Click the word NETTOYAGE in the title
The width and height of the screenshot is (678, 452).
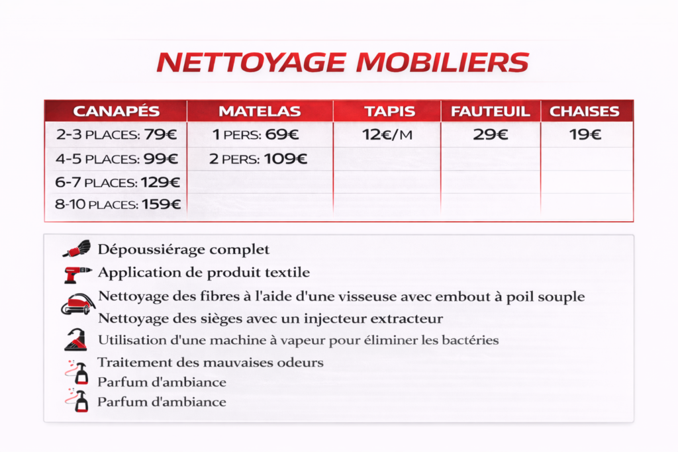coord(252,62)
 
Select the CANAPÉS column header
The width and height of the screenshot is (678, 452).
coord(116,111)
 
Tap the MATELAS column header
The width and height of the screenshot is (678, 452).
coord(260,111)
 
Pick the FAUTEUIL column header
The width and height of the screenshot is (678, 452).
coord(491,111)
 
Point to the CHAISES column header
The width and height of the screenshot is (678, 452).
coord(585,111)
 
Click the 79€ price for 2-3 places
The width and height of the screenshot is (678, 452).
coord(161,135)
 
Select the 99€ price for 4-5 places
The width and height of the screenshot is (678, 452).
coord(162,159)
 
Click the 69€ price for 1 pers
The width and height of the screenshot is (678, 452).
coord(283,135)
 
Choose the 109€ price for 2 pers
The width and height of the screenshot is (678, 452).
coord(285,159)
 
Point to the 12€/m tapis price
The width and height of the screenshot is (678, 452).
coord(387,135)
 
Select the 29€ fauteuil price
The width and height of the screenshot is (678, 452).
coord(491,135)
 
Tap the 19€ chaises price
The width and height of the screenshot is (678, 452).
coord(585,135)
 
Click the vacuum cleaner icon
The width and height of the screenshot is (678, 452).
coord(77,305)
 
